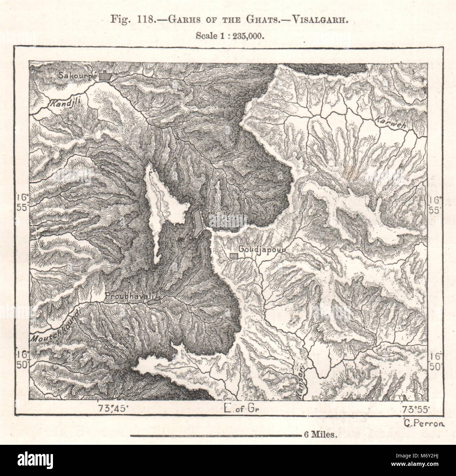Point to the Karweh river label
[x=389, y=123]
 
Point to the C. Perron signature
[x=424, y=423]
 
